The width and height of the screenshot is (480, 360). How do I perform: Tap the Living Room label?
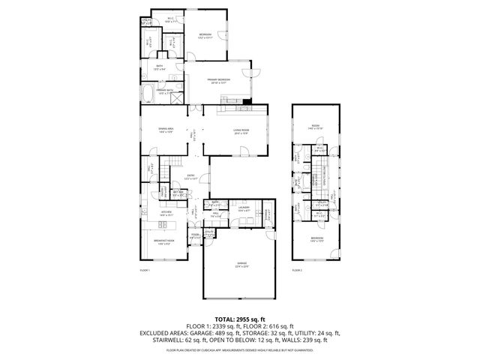241,132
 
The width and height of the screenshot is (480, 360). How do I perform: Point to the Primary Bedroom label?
219,81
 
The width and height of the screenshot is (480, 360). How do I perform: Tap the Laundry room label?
244,209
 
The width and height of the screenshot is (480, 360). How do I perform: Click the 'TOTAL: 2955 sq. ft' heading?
240,319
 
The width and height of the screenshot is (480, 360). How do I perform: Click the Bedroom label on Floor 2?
317,239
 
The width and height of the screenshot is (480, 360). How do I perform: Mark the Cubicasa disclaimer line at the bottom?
240,349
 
